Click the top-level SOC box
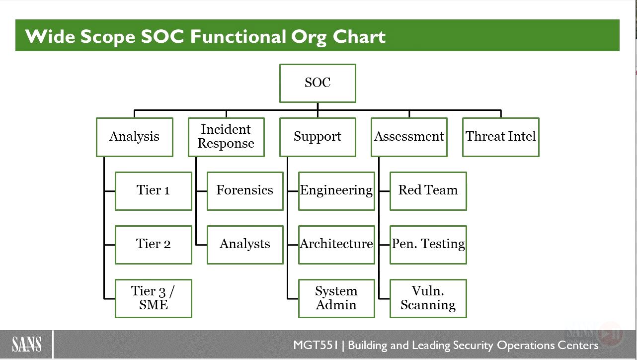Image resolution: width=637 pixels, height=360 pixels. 318,83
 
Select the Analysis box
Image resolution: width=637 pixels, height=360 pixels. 135,137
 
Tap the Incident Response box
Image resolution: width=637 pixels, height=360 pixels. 227,137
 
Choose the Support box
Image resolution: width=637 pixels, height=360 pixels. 318,137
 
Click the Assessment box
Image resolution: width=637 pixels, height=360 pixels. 409,137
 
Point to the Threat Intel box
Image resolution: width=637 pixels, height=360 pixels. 501,137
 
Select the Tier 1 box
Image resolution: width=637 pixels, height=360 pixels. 154,191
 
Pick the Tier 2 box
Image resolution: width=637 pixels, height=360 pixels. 154,245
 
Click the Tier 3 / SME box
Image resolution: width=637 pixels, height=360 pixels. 154,298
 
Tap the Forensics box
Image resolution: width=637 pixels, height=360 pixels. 245,191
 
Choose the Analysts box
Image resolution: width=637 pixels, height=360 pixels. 245,245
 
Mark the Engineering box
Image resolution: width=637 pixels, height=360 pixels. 337,191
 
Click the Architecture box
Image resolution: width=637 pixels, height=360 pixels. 337,245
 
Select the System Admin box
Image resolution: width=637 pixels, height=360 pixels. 337,298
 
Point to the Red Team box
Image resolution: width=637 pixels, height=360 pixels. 428,191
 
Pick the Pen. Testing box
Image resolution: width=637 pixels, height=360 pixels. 428,245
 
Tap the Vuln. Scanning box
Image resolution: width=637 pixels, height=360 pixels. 428,298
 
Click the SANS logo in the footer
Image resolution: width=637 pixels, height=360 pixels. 26,344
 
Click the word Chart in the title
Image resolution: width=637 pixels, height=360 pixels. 359,37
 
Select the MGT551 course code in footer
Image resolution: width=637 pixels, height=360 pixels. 316,345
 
